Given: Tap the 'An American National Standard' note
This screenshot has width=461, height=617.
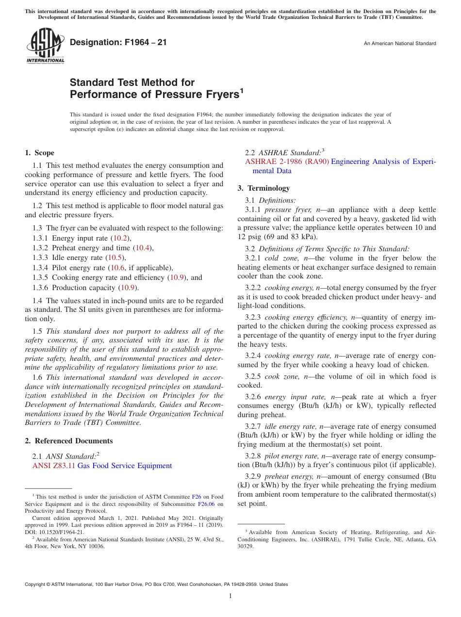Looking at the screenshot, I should click(x=399, y=44).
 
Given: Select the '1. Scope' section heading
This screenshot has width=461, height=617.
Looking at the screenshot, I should click(x=40, y=153).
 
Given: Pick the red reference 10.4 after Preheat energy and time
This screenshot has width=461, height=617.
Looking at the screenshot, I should click(x=143, y=247).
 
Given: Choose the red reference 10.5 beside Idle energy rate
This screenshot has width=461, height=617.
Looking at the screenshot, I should click(x=115, y=258).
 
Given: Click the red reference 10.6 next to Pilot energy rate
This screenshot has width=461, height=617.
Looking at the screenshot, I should click(x=117, y=267).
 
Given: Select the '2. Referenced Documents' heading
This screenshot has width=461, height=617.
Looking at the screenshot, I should click(x=69, y=441).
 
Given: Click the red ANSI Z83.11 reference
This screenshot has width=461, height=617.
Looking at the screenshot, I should click(x=53, y=466).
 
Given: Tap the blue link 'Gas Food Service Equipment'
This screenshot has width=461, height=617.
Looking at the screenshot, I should click(x=125, y=466).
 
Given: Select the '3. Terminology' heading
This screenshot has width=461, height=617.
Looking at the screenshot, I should click(x=263, y=188).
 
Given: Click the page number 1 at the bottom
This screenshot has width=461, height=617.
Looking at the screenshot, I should click(x=230, y=596).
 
